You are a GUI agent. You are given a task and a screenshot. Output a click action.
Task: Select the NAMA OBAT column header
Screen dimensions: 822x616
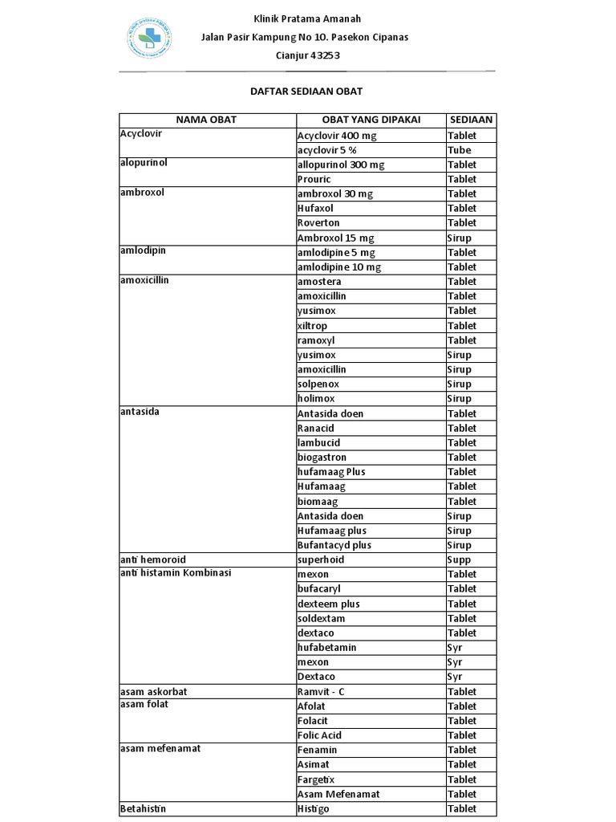[x=206, y=120]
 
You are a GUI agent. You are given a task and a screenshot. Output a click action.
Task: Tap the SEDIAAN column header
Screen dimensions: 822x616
[x=471, y=120]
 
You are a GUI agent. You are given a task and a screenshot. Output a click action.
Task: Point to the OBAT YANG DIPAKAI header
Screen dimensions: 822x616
[x=371, y=120]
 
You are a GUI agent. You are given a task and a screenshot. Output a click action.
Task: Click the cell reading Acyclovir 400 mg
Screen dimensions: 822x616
[x=337, y=136]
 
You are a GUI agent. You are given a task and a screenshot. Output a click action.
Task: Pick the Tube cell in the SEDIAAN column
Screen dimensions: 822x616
[x=460, y=150]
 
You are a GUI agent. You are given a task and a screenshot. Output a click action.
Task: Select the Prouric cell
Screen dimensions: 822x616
[x=314, y=179]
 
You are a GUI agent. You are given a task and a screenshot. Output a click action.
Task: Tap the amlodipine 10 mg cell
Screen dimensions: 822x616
[x=339, y=267]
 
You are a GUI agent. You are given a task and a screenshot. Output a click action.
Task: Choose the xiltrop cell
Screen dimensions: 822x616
[x=312, y=326]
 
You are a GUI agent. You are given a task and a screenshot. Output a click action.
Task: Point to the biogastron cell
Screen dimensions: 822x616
[x=322, y=457]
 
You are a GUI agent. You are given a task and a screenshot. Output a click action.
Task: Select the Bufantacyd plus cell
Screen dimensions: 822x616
[x=334, y=545]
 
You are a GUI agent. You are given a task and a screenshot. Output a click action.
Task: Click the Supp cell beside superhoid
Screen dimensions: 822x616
[x=460, y=560]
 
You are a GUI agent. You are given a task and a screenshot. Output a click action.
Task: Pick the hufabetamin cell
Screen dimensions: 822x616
[x=326, y=647]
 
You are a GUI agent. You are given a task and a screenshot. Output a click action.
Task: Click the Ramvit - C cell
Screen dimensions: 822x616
[x=321, y=691]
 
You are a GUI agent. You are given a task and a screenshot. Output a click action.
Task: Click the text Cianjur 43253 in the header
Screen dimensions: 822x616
[x=308, y=55]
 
